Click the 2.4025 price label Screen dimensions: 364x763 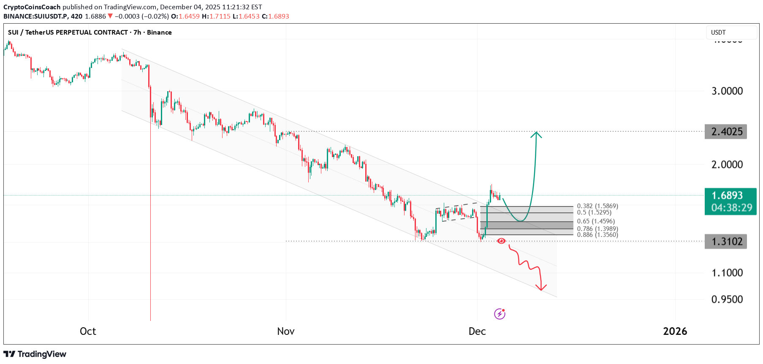pos(726,132)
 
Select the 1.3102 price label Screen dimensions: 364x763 pos(726,242)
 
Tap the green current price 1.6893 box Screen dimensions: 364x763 pos(730,201)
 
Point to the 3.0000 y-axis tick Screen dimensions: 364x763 pos(727,91)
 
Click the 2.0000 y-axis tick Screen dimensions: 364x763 pos(727,165)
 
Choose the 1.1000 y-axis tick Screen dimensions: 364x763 pos(727,273)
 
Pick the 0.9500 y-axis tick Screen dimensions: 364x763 pos(727,299)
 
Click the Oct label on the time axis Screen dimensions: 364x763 pos(88,331)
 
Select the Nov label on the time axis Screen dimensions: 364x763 pos(286,331)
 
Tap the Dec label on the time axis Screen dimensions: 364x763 pos(477,331)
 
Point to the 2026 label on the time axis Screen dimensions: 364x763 pos(675,331)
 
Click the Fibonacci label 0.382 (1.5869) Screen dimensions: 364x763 pos(597,206)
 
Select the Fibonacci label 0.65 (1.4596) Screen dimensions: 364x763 pos(596,221)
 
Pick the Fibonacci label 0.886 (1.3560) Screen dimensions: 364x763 pos(597,235)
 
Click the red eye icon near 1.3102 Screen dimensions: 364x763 pos(501,241)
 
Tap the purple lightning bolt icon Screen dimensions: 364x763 pos(500,314)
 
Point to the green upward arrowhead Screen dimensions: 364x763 pos(536,134)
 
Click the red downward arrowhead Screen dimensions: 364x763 pos(541,288)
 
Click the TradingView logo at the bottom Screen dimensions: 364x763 pos(35,354)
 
